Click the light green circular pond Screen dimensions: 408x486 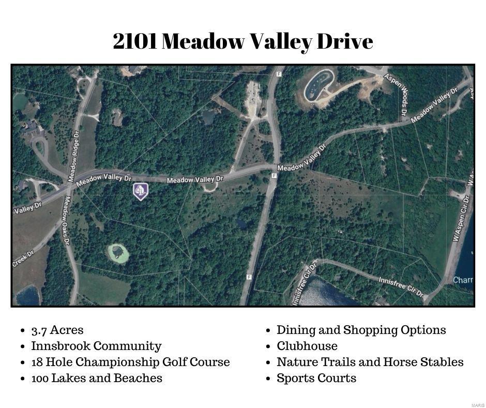coord(118,254)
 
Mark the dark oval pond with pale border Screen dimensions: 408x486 coord(318,85)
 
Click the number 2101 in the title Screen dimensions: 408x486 coord(134,41)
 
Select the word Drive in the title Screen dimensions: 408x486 coord(345,41)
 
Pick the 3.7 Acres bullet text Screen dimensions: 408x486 coord(57,330)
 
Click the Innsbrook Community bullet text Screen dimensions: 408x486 coord(96,346)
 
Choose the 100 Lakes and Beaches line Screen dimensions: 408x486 coord(97,378)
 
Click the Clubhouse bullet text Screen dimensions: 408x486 coord(307,346)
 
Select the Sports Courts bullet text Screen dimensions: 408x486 coord(316,378)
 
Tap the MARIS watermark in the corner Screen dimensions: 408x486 coord(477,404)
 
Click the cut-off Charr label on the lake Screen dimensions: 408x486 coord(463,280)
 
